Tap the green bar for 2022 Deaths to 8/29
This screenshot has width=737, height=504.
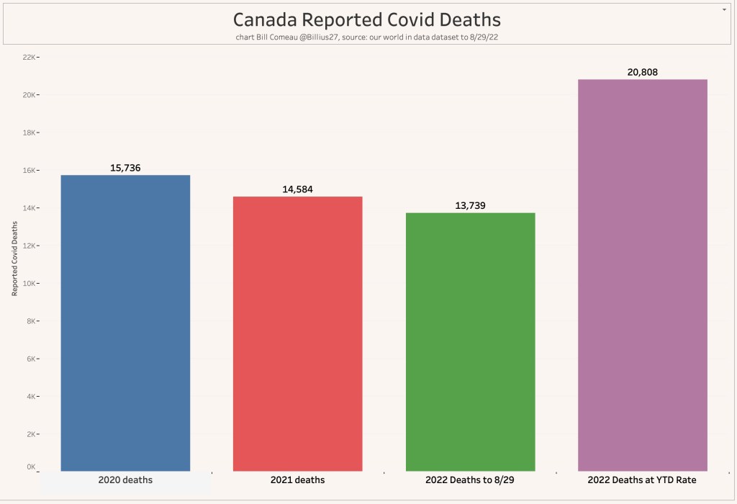470,341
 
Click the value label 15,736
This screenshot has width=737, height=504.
125,168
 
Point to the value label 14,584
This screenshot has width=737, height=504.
297,189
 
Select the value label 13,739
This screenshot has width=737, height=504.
470,205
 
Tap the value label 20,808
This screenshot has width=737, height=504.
643,72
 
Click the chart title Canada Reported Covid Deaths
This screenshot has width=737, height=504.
367,19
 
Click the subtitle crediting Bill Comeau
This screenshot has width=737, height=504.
367,36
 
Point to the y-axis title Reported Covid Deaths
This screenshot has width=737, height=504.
14,259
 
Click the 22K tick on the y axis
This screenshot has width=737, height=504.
30,57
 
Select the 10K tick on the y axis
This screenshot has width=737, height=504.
30,283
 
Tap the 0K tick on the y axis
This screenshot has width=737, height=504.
31,467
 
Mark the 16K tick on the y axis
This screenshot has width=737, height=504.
30,170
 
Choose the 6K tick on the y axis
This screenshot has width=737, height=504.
31,359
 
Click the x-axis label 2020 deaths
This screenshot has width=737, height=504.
125,480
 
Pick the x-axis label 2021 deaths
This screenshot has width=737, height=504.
297,480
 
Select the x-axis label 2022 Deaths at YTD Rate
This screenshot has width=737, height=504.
643,480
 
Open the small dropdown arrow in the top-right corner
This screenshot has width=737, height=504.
723,9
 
